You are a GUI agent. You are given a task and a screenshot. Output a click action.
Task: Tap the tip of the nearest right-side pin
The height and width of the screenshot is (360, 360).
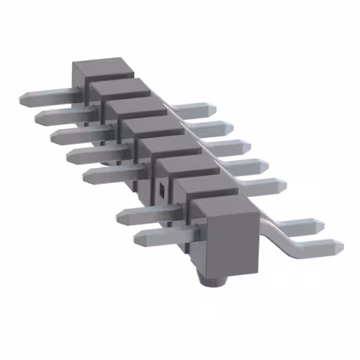[x=339, y=246]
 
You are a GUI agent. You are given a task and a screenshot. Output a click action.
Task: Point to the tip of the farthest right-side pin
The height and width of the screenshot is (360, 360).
[x=213, y=107]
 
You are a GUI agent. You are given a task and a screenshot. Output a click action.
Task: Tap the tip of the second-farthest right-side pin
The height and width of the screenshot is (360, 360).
[x=231, y=127]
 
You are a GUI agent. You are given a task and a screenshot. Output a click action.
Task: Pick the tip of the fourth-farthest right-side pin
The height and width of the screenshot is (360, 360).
[x=264, y=165]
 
